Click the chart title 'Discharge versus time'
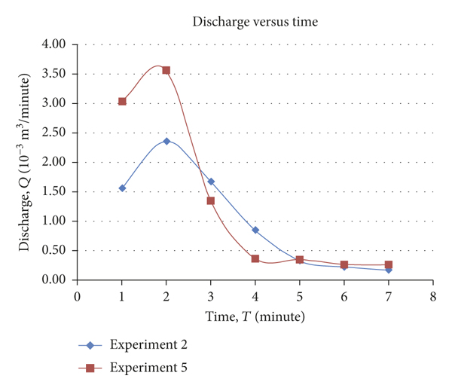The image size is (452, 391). pos(255,23)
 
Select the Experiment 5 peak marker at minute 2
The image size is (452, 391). pos(166,70)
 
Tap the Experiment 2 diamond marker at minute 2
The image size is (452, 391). pos(166,141)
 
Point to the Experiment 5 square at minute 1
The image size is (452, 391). pos(122,101)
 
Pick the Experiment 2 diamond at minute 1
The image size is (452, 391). pos(122,188)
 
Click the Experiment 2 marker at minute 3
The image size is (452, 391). pos(211,182)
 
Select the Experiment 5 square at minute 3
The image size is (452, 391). pos(211,200)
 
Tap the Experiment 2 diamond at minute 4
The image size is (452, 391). pos(255,230)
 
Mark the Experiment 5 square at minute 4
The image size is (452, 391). pos(255,258)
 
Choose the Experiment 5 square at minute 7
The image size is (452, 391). pos(389,265)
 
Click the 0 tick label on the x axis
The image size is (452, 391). pos(78,296)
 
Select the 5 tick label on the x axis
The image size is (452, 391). pos(300,296)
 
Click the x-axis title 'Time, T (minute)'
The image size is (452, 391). pos(255,317)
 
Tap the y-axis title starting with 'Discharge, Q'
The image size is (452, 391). pos(24,162)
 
